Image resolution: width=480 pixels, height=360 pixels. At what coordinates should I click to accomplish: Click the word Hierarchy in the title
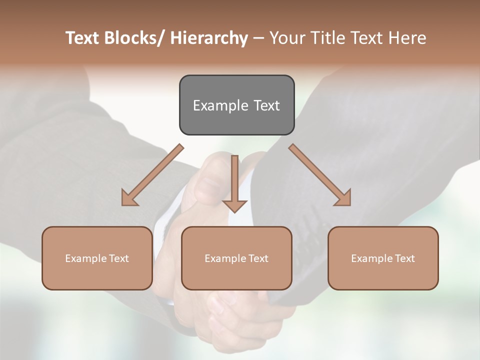[x=209, y=38]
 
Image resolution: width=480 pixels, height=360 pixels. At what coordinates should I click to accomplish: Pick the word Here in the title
[x=406, y=38]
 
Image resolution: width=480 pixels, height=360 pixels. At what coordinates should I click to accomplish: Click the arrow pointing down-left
[x=150, y=177]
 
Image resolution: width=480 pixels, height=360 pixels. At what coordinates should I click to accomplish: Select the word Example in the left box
[x=86, y=258]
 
